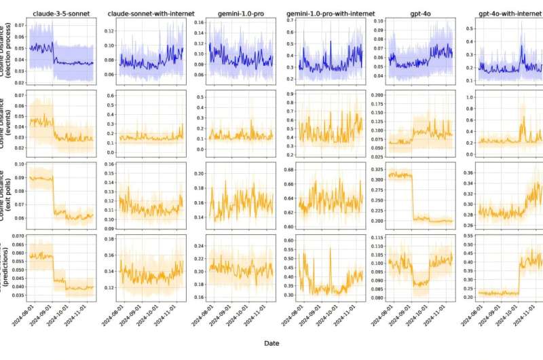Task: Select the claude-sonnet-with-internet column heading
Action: coord(149,14)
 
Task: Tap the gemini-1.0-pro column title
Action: coord(233,14)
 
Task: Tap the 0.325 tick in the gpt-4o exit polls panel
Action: coord(377,168)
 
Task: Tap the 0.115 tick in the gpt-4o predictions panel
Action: coord(377,238)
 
